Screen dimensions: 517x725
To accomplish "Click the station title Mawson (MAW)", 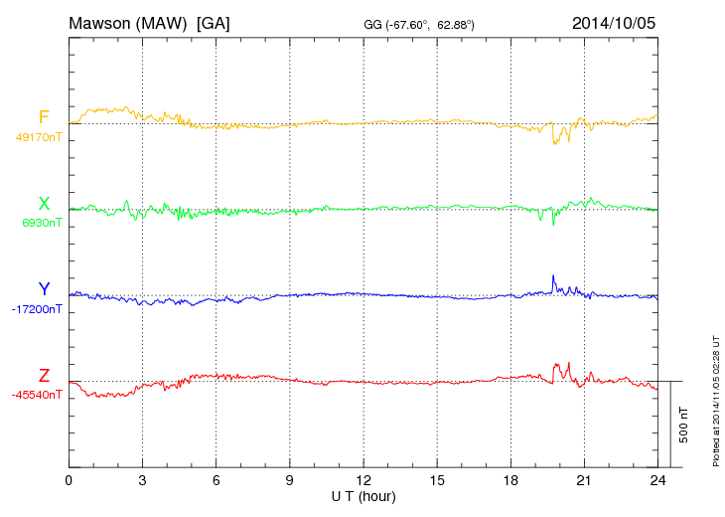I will pyautogui.click(x=130, y=22).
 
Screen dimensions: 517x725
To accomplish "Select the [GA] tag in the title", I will pyautogui.click(x=214, y=22).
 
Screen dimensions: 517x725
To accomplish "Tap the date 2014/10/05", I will pyautogui.click(x=614, y=22).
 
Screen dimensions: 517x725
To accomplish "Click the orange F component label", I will pyautogui.click(x=44, y=118).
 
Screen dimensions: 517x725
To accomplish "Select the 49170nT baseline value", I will pyautogui.click(x=39, y=137).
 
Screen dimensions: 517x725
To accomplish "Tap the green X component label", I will pyautogui.click(x=44, y=204).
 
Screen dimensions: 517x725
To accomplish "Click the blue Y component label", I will pyautogui.click(x=44, y=289).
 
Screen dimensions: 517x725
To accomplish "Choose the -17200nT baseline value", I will pyautogui.click(x=38, y=309).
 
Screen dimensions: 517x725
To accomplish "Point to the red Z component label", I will pyautogui.click(x=44, y=375).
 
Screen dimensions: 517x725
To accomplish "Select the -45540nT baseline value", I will pyautogui.click(x=38, y=395).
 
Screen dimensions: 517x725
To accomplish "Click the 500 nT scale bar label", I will pyautogui.click(x=684, y=425).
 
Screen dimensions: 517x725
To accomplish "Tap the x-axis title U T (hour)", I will pyautogui.click(x=363, y=495).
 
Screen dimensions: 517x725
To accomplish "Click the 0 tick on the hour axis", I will pyautogui.click(x=69, y=480).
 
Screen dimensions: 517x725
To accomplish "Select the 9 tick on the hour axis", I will pyautogui.click(x=290, y=480).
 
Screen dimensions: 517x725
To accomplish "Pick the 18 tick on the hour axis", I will pyautogui.click(x=510, y=480).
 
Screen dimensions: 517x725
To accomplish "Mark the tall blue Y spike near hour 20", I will pyautogui.click(x=553, y=277).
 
